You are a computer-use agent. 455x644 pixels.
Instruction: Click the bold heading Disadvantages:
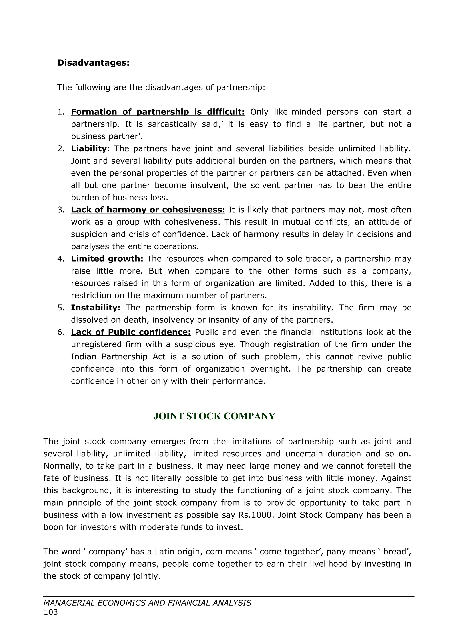(93, 63)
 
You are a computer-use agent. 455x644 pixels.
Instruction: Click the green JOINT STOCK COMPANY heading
(214, 416)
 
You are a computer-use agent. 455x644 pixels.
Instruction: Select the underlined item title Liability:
(90, 149)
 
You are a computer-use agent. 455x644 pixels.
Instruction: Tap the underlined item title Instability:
(96, 308)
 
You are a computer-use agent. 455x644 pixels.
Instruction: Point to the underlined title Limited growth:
(107, 259)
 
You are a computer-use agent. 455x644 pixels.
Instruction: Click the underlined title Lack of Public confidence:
(131, 332)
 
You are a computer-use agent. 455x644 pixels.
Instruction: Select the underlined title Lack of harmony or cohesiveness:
(148, 210)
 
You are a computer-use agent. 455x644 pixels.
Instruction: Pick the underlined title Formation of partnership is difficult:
(158, 112)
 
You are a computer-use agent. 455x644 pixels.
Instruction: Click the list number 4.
(61, 259)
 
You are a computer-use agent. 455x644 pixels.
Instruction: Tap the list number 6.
(61, 332)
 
